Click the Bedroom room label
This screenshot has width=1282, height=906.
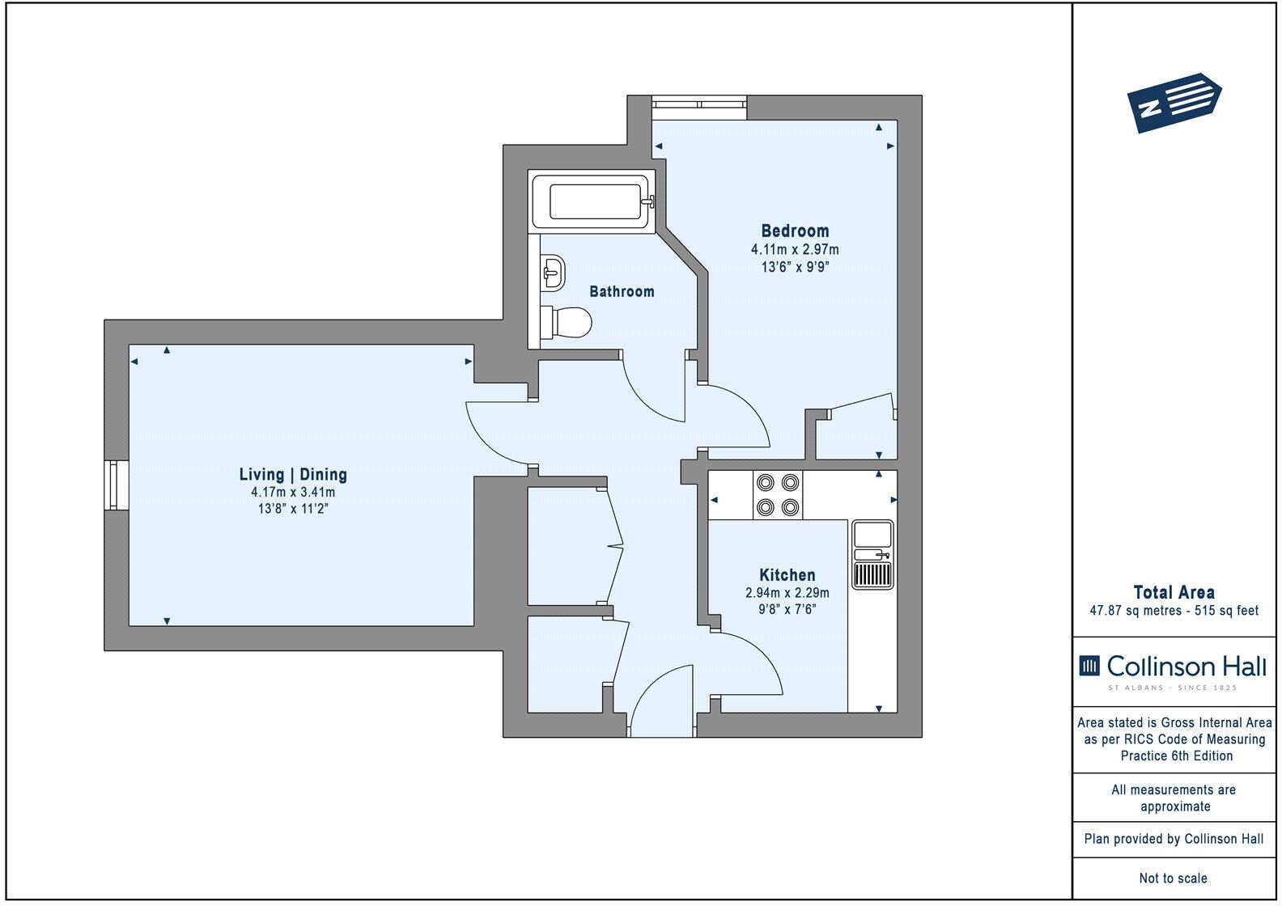click(795, 231)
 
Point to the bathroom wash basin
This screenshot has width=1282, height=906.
click(553, 272)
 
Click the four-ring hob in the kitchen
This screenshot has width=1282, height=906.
click(778, 495)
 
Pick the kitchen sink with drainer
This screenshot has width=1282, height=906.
click(872, 555)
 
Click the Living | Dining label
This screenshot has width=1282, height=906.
click(293, 475)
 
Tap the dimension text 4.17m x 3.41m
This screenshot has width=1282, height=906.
click(293, 492)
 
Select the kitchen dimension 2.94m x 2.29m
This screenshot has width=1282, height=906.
click(787, 593)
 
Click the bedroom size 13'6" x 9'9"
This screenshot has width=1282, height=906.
click(795, 267)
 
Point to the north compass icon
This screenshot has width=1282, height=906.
click(1174, 102)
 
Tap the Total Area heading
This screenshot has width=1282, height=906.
click(1174, 592)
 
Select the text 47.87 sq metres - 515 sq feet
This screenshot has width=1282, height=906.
click(1174, 611)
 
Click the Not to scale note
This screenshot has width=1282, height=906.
click(1174, 878)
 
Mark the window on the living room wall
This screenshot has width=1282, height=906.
click(117, 485)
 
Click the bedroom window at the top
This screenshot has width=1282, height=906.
click(699, 104)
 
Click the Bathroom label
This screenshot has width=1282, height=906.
click(622, 291)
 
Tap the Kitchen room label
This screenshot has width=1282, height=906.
click(787, 575)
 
